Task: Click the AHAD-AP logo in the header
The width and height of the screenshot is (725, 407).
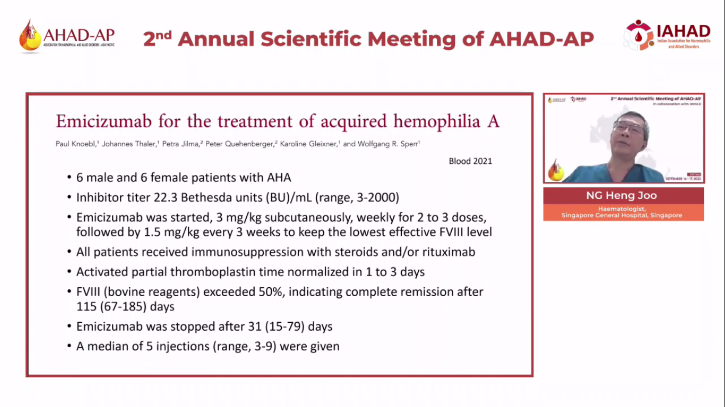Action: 67,36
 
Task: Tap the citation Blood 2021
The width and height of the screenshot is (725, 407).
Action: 470,161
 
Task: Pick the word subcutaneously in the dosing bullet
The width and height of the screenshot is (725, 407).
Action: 307,218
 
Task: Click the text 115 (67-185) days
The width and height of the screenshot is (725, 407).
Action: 125,306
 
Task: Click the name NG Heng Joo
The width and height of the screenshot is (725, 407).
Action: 621,196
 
